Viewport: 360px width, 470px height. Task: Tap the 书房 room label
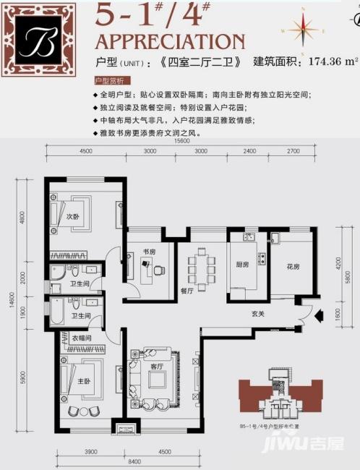(149, 252)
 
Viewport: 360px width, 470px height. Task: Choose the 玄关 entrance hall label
(258, 313)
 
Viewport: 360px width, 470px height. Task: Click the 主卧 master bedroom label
(74, 381)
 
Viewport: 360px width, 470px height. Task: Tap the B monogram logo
(37, 38)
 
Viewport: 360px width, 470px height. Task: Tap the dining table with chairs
(201, 269)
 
